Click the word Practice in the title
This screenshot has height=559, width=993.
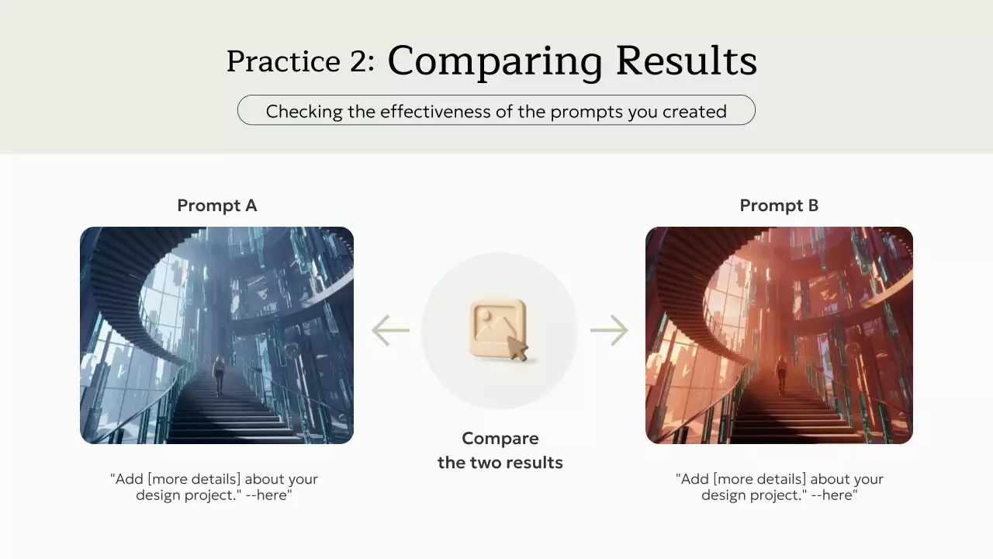point(283,61)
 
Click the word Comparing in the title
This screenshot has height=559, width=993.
point(495,61)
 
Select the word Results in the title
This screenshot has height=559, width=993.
point(687,60)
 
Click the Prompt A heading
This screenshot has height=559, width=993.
point(217,206)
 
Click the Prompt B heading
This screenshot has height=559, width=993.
point(779,206)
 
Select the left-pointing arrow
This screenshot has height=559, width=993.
point(390,330)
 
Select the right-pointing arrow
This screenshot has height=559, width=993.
point(609,330)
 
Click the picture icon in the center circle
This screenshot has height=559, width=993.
point(497,328)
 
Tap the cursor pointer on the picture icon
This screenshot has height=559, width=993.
point(517,348)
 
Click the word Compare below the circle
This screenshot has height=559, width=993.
point(500,439)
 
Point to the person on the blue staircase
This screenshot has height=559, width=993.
point(219,375)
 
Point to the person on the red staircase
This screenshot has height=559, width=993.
point(781,375)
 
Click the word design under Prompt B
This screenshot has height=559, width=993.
point(724,495)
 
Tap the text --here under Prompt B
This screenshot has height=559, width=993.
point(832,495)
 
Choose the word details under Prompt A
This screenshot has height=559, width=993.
point(213,479)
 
